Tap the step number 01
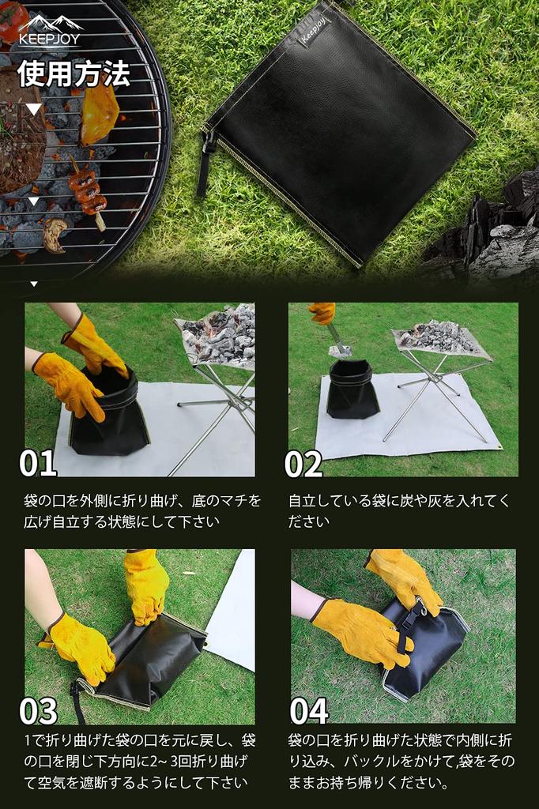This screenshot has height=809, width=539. tap(38, 463)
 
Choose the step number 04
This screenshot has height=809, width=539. tap(308, 710)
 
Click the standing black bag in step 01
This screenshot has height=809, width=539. tap(109, 415)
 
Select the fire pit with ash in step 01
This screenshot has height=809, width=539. tap(217, 336)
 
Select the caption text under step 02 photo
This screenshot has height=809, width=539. tap(400, 510)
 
